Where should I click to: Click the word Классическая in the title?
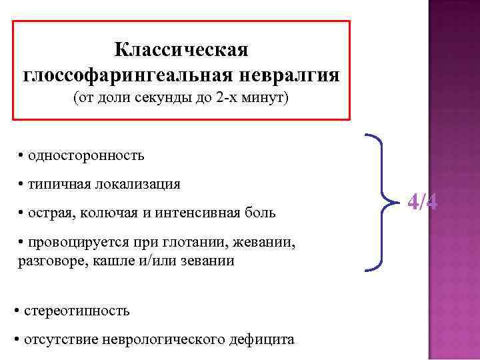[x=181, y=51]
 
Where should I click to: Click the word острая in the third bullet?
[x=49, y=213]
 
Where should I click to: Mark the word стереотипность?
[x=77, y=311]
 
